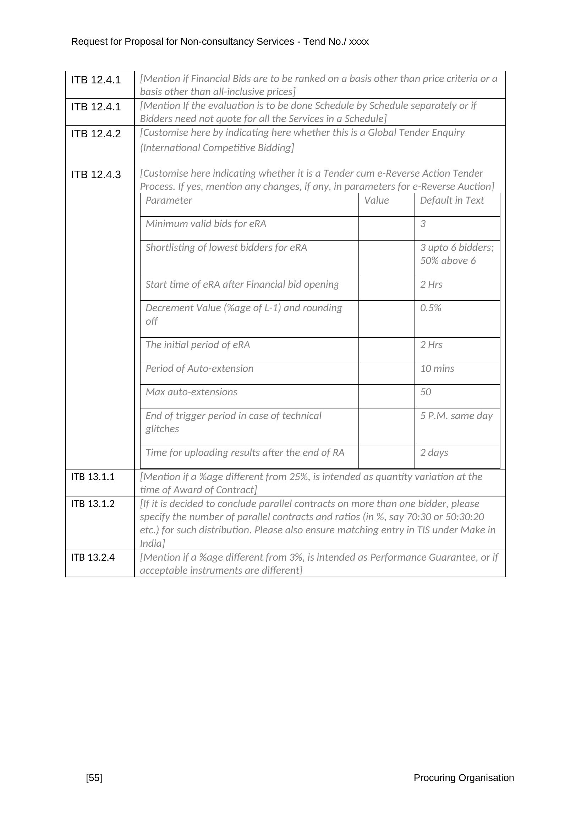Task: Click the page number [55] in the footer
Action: tap(94, 777)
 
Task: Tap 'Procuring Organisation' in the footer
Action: tap(463, 777)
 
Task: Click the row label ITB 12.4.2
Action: tap(96, 134)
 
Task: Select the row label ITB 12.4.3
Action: tap(96, 175)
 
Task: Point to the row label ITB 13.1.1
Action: tap(93, 477)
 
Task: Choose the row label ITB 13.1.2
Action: tap(93, 504)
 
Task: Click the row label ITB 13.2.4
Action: tap(93, 557)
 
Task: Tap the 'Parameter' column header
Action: tap(169, 200)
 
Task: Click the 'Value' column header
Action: tap(376, 200)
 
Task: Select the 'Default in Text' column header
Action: tap(451, 200)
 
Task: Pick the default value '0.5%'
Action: tap(430, 308)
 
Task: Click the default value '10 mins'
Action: tap(437, 368)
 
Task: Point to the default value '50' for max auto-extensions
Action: tap(426, 392)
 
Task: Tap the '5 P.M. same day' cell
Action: tap(456, 416)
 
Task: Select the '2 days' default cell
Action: tap(434, 452)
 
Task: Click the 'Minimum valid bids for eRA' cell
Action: tap(206, 224)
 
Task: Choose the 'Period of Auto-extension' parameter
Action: tap(199, 368)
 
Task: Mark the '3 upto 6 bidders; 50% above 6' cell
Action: tap(456, 254)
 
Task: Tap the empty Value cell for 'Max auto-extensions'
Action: tap(386, 396)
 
